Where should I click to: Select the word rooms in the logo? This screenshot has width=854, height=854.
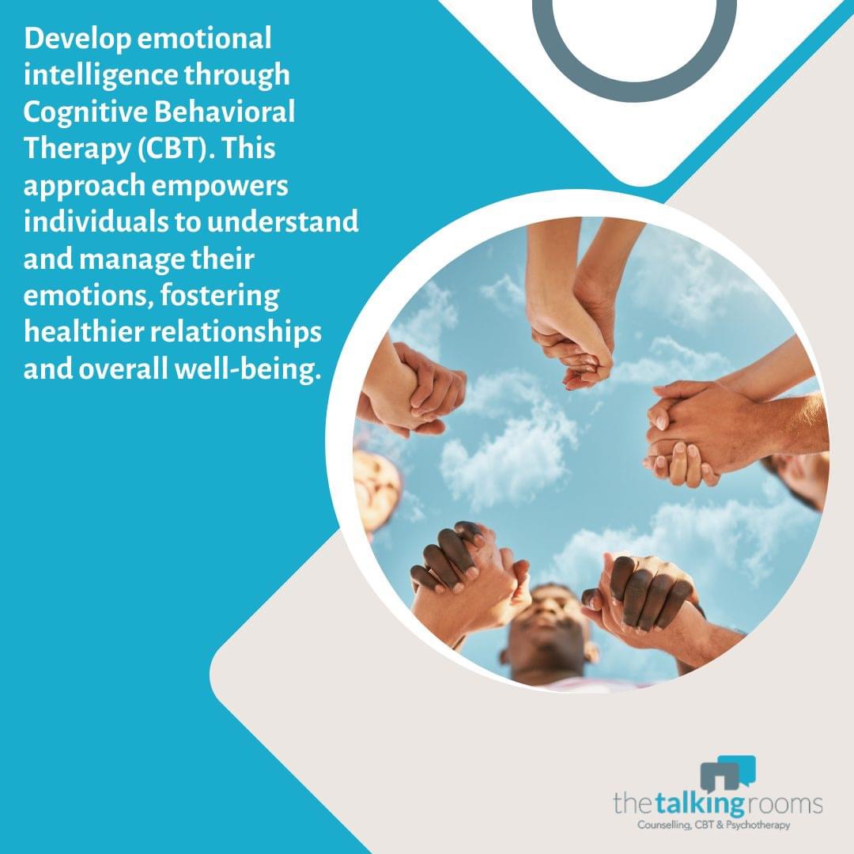coord(783,806)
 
